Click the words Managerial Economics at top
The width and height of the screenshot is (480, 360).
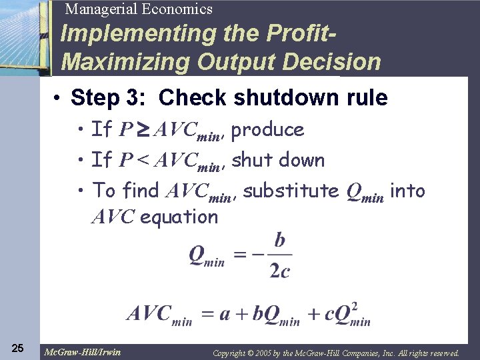click(x=139, y=9)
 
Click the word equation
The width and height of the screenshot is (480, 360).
click(x=179, y=217)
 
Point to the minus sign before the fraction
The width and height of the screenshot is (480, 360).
click(x=259, y=255)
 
